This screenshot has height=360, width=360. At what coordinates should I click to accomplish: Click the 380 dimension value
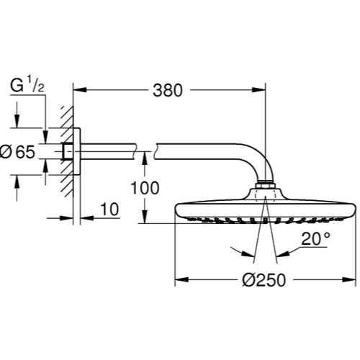168,91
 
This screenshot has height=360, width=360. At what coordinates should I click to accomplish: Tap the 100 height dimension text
145,188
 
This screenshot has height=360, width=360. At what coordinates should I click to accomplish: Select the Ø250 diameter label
264,280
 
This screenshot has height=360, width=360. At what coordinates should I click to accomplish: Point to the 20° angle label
316,239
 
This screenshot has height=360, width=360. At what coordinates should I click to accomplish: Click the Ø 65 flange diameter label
17,152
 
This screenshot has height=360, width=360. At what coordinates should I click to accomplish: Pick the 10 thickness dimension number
109,210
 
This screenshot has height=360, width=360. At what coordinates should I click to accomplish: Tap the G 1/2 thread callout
27,86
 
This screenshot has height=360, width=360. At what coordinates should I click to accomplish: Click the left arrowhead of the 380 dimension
80,90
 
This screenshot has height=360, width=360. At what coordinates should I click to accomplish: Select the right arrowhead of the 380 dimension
259,90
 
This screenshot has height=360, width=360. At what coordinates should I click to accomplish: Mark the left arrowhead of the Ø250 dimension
181,280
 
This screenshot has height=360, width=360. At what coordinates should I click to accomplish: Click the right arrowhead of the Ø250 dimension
348,280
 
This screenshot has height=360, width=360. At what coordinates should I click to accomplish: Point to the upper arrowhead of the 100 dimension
145,158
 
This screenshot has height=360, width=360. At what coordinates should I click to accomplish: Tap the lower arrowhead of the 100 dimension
145,217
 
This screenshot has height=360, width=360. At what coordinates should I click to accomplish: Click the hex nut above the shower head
266,185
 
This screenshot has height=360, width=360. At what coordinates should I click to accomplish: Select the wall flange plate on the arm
77,151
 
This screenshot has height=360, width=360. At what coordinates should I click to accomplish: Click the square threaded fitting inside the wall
68,151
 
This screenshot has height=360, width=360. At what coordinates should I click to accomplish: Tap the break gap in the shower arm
145,151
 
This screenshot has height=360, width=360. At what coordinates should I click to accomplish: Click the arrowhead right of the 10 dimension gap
87,218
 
